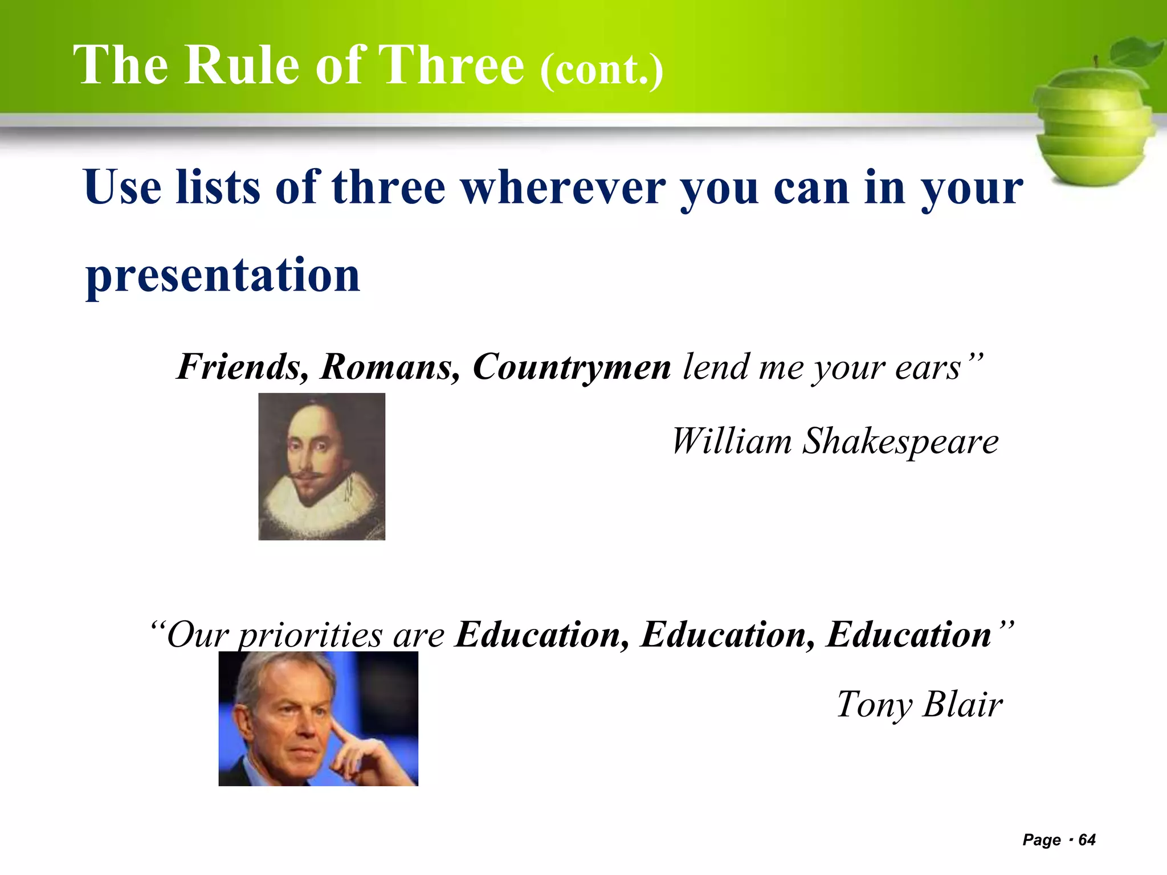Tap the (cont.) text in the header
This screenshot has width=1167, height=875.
(x=601, y=71)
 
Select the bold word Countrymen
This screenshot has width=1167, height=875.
(x=572, y=367)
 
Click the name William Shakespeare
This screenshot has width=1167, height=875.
(x=835, y=441)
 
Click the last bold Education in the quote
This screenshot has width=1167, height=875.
(x=909, y=635)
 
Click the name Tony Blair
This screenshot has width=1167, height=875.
(x=919, y=705)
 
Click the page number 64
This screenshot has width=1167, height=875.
(x=1087, y=840)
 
